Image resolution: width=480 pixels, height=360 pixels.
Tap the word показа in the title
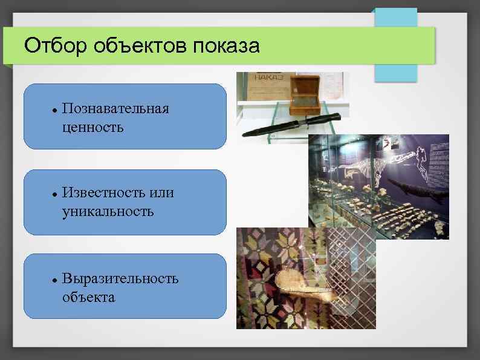226,46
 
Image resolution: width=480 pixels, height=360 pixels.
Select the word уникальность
107,212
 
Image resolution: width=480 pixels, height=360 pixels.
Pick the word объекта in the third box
88,297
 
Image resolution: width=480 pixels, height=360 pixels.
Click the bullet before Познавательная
54,111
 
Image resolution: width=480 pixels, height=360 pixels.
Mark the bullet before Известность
54,195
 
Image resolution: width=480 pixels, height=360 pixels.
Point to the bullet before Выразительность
54,280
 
